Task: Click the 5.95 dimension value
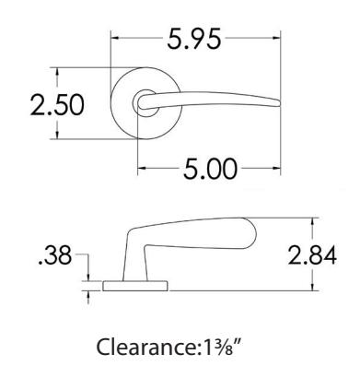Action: [194, 39]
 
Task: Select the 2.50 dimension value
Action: [57, 105]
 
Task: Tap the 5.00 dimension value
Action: [210, 169]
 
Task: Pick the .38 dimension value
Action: [54, 254]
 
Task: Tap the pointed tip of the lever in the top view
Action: [280, 102]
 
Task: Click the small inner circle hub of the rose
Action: [146, 103]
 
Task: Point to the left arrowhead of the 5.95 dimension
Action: [115, 38]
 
